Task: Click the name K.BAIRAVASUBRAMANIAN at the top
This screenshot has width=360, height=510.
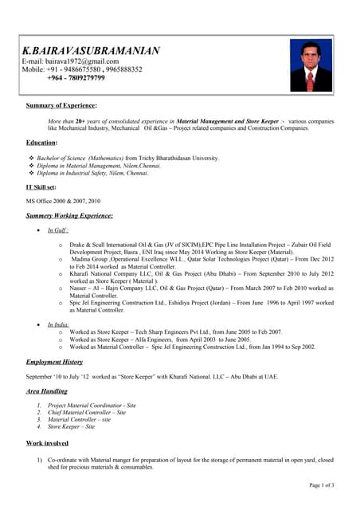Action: [x=91, y=50]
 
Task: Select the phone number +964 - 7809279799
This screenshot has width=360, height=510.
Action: [x=76, y=78]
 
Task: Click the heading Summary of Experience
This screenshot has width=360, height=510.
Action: [x=61, y=104]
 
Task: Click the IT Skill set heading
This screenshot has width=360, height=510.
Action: [x=41, y=186]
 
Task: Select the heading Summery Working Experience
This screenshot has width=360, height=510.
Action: [x=69, y=215]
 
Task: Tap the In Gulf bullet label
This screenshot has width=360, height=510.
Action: [x=58, y=229]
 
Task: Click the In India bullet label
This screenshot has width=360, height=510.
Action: [x=59, y=324]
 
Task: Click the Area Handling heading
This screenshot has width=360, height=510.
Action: [x=47, y=390]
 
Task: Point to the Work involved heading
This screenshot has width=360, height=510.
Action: [x=47, y=442]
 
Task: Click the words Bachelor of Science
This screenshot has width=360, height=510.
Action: [x=61, y=158]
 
